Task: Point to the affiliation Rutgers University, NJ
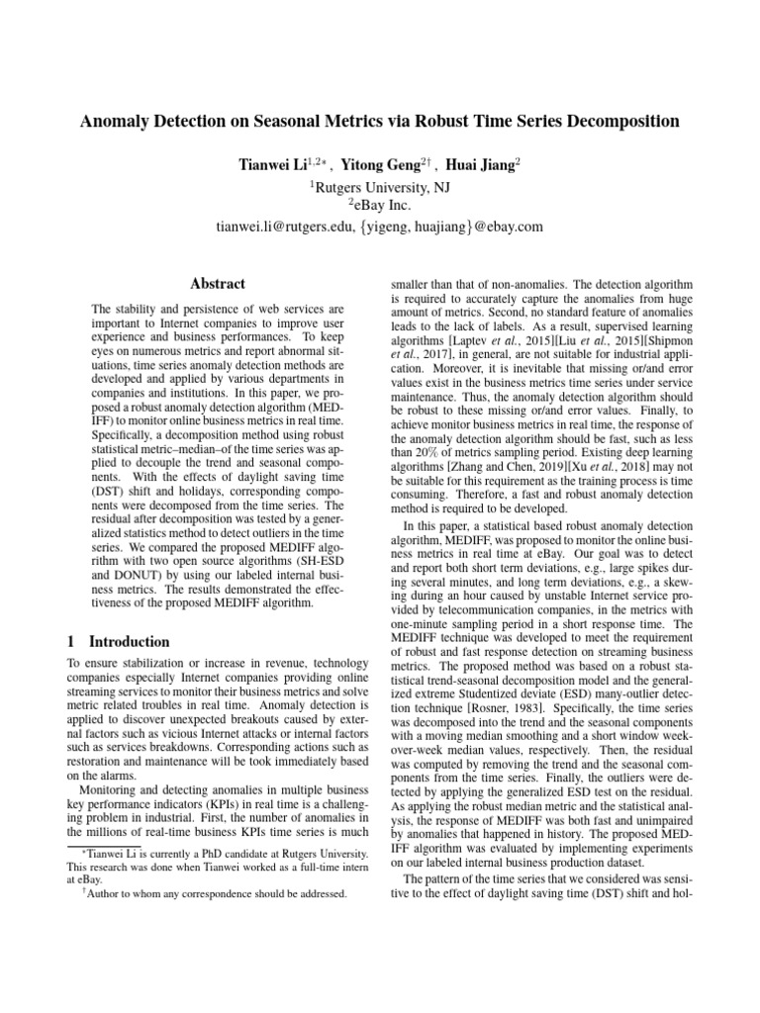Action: tap(381, 183)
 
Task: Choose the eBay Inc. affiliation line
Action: tap(381, 204)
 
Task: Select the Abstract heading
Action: tap(217, 283)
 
